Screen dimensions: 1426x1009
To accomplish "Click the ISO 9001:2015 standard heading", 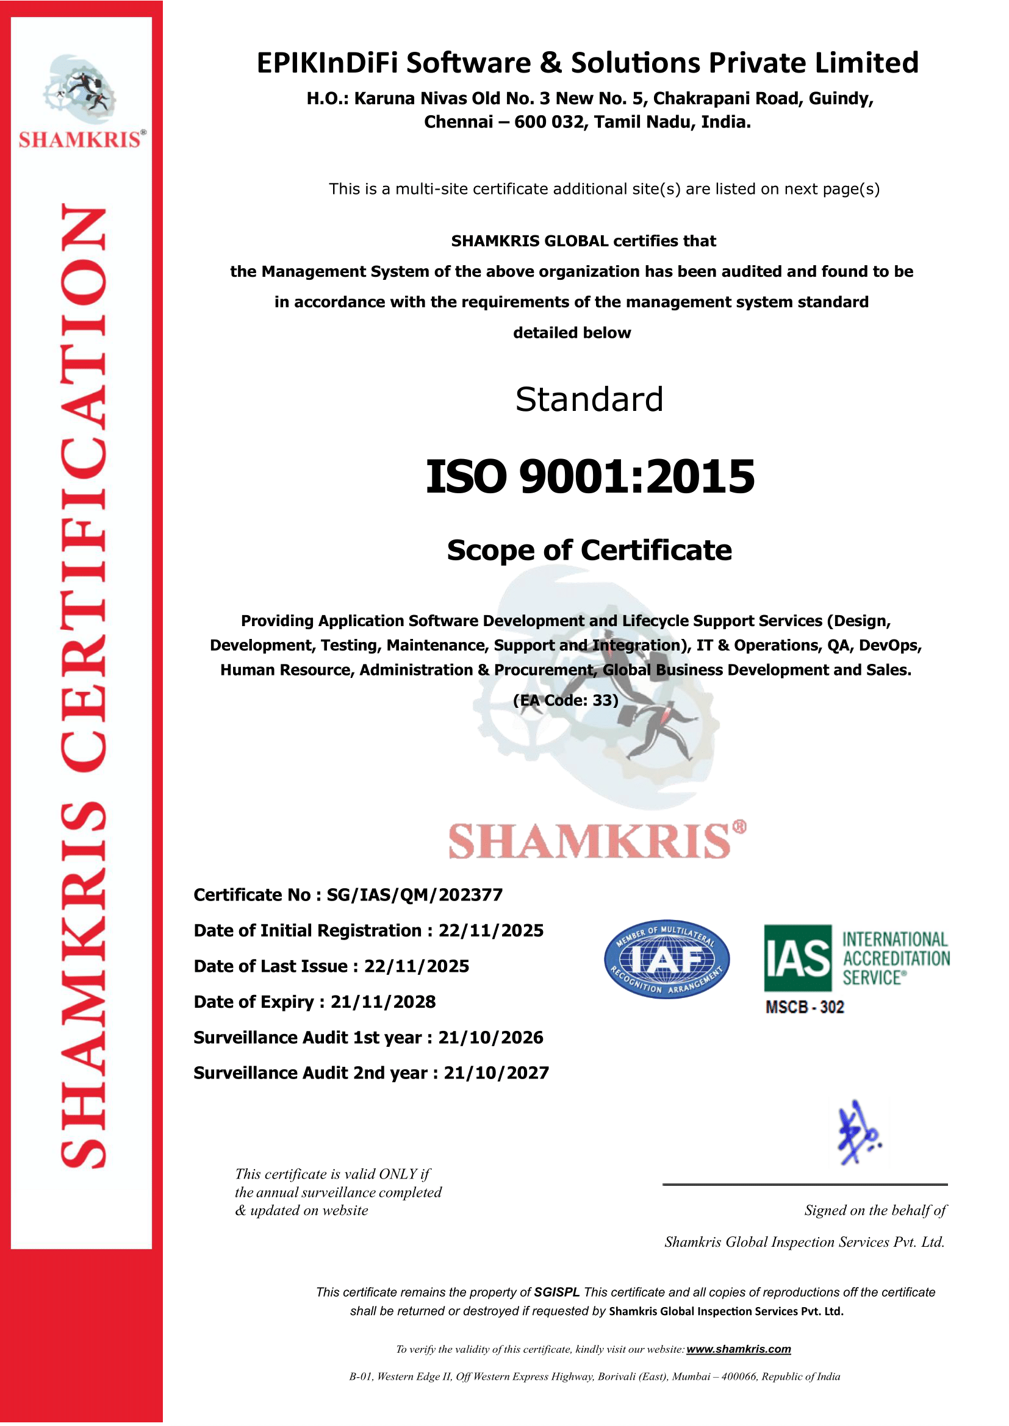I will tap(590, 477).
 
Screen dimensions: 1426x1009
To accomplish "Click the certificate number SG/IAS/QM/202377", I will tap(414, 895).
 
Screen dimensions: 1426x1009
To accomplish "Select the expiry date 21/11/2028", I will tap(382, 1002).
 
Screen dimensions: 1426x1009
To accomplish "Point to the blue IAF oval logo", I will tap(667, 960).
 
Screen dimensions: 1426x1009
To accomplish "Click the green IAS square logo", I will tap(797, 958).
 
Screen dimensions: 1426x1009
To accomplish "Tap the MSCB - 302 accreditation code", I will tap(805, 1007).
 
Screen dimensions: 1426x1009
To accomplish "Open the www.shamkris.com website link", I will tap(738, 1349).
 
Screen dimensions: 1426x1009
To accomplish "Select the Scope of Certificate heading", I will tap(589, 551).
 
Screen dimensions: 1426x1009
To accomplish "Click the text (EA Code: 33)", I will tap(566, 701).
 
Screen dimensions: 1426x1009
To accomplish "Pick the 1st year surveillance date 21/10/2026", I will tap(491, 1037).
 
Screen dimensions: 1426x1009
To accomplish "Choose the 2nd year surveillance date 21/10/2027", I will tap(497, 1072).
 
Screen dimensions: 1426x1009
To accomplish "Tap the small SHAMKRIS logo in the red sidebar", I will tap(81, 102).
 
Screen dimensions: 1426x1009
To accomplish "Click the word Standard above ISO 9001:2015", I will tap(589, 399).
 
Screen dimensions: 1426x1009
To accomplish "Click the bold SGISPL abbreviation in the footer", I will tap(557, 1292).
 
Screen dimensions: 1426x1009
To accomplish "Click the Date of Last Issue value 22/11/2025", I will tap(416, 966).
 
